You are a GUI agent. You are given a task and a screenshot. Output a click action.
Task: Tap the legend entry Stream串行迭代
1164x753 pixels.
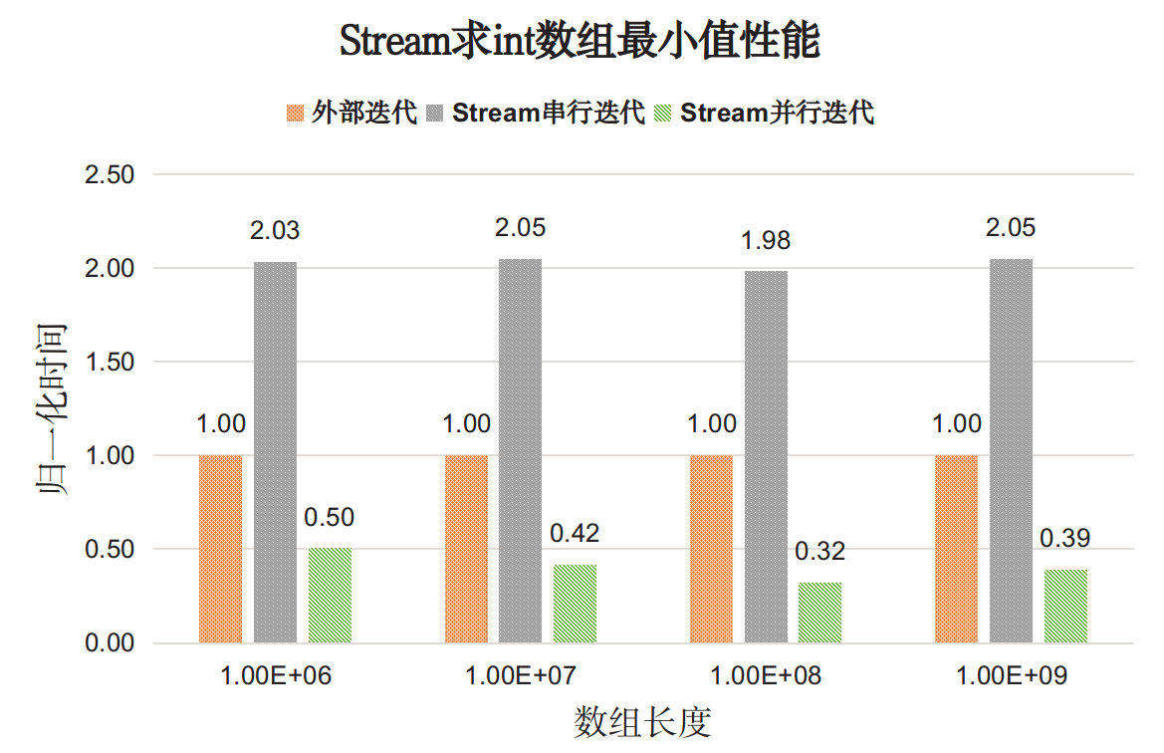click(549, 113)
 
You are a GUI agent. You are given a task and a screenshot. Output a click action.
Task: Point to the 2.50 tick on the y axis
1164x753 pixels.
click(111, 175)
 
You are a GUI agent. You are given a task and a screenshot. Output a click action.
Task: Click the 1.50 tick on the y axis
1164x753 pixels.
click(111, 363)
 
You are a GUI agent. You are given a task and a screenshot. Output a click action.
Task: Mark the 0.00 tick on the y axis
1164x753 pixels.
click(111, 643)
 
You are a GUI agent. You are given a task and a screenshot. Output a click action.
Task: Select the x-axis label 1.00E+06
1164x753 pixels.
click(276, 676)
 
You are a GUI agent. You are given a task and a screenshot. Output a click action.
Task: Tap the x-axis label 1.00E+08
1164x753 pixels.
click(766, 676)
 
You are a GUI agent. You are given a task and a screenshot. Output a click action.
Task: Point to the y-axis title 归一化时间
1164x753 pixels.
click(51, 408)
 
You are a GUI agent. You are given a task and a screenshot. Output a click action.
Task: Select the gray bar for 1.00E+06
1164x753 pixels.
click(275, 452)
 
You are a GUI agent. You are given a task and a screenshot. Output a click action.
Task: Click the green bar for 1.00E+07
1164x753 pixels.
click(576, 604)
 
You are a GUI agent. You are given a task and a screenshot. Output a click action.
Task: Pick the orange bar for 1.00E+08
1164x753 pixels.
click(711, 549)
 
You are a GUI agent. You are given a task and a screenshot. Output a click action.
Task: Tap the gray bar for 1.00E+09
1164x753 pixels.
click(1011, 451)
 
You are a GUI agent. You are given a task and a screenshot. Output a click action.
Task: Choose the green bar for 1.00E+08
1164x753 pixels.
click(819, 613)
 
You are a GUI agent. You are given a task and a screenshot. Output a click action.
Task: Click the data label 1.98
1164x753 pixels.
click(766, 240)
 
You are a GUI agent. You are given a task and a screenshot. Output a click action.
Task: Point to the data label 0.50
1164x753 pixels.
click(330, 517)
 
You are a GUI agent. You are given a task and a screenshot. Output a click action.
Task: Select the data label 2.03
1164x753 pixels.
click(275, 231)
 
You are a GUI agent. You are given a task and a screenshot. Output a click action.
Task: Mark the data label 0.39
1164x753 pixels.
click(1065, 539)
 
